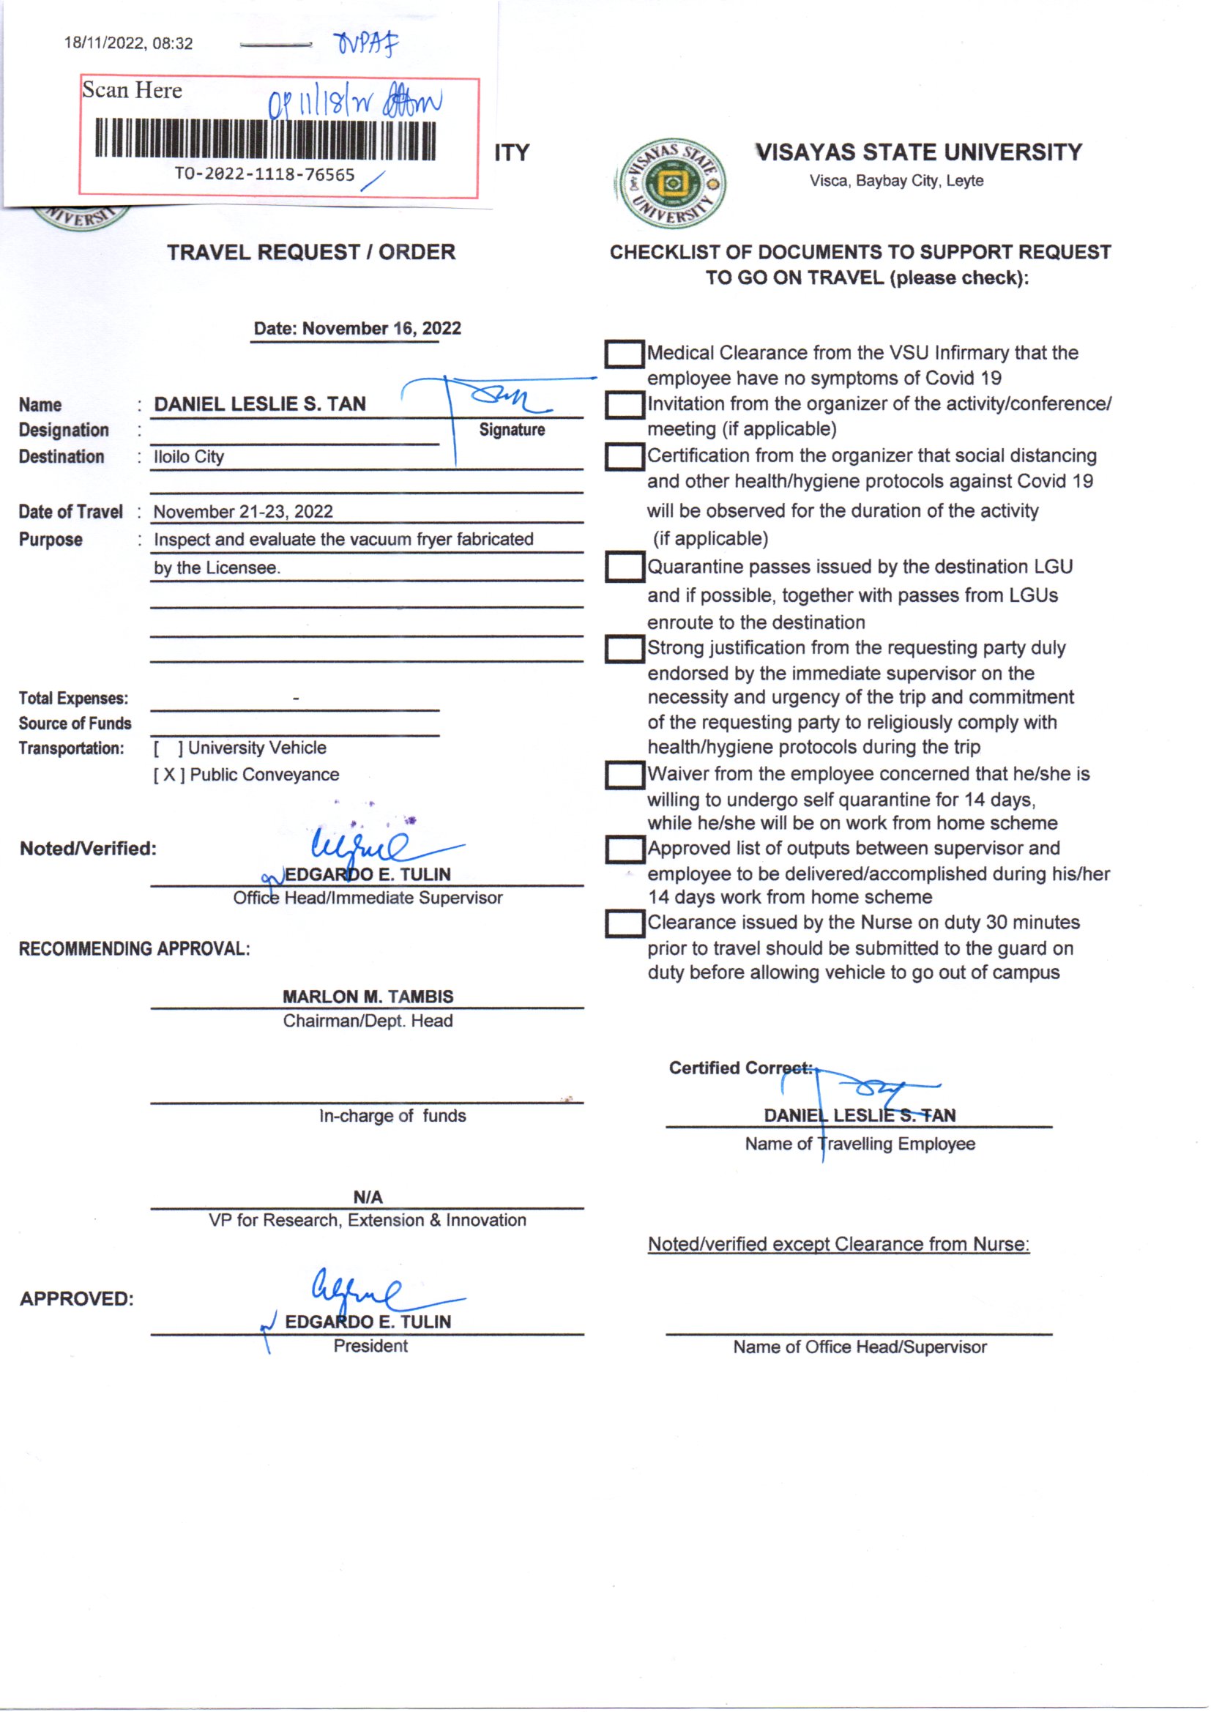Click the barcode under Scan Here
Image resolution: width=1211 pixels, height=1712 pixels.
pos(265,138)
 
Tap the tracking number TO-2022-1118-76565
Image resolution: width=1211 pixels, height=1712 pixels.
pos(264,174)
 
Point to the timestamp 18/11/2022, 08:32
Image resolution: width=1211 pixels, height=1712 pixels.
pos(128,43)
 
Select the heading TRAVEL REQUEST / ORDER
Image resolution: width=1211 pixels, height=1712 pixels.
pos(311,252)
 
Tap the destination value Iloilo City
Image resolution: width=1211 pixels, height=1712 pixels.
pos(189,456)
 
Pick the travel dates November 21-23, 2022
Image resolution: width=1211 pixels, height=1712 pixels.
pos(243,512)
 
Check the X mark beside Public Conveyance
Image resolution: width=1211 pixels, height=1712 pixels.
pos(169,775)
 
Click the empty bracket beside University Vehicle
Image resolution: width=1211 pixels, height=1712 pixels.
pos(168,748)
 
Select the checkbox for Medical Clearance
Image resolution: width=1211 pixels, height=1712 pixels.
pos(624,354)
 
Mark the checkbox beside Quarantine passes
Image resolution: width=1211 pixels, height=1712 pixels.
pos(624,567)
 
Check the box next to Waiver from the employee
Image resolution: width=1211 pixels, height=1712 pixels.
pos(624,775)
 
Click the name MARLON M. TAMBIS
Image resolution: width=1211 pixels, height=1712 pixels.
pos(368,996)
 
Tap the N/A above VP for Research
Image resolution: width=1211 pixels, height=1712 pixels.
pos(368,1196)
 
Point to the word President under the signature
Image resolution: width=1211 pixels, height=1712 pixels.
pos(370,1346)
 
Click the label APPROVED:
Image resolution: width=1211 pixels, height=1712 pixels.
pos(77,1299)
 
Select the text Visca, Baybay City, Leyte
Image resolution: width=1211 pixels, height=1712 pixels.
pos(896,180)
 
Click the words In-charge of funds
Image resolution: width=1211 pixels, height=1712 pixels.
pos(392,1115)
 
